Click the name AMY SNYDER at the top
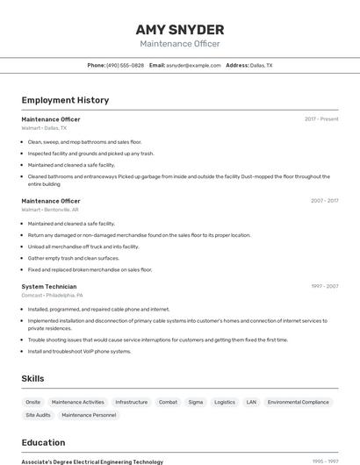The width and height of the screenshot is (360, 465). click(180, 29)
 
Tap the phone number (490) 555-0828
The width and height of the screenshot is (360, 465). click(126, 65)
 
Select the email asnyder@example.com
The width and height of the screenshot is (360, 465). click(193, 65)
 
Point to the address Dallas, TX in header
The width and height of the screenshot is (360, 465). click(261, 65)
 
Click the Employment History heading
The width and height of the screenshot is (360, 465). click(65, 100)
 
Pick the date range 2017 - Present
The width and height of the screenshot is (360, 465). click(321, 119)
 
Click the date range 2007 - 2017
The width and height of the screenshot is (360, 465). click(324, 201)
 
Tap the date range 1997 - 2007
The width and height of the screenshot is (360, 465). click(324, 286)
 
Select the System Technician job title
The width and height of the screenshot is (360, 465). click(49, 286)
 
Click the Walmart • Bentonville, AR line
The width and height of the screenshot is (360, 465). click(50, 210)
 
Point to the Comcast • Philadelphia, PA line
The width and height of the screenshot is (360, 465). click(52, 296)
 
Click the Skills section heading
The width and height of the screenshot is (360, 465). click(33, 378)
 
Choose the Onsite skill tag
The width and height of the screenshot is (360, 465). click(33, 402)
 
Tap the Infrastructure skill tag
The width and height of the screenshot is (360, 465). click(132, 402)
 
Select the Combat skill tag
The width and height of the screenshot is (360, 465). click(168, 402)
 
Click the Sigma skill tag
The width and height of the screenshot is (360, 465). click(195, 402)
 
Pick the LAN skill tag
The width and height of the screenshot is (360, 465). click(251, 402)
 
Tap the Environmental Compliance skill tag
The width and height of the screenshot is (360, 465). click(298, 402)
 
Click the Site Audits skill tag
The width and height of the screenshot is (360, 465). click(38, 415)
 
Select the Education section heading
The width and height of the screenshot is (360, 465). click(43, 442)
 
